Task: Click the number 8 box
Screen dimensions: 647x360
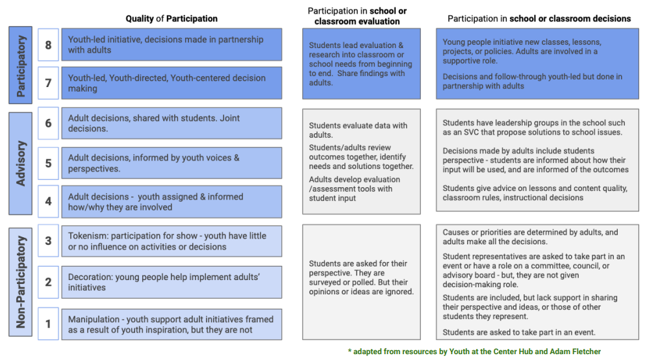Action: tap(48, 45)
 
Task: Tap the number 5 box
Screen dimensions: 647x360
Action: tap(48, 163)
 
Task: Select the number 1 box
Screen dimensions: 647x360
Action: tap(48, 324)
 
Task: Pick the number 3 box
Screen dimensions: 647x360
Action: tap(48, 240)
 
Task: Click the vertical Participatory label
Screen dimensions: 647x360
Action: tap(21, 65)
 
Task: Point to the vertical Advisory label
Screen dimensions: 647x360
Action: tap(21, 164)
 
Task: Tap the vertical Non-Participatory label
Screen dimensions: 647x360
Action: tap(21, 282)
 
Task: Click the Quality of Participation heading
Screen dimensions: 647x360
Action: tap(171, 19)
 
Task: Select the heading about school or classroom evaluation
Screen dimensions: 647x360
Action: tap(357, 16)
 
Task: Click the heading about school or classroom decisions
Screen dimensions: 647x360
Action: tap(539, 19)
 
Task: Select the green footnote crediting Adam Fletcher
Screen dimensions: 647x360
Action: tap(474, 352)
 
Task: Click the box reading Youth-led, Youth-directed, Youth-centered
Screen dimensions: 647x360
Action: tap(171, 83)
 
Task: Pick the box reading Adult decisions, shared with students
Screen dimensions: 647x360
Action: tap(171, 123)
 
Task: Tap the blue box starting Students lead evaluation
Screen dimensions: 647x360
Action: tap(361, 64)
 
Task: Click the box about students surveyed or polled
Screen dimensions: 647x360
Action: tap(361, 282)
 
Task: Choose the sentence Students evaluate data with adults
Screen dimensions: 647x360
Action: tap(358, 130)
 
